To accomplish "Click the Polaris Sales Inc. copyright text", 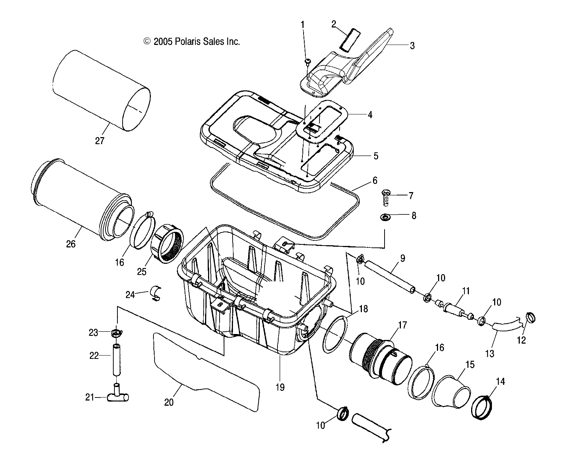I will tap(192, 42).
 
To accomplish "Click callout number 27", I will tap(100, 141).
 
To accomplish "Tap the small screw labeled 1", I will tap(308, 61).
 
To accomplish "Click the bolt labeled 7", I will tap(385, 197).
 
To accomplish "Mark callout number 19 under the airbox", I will tap(280, 387).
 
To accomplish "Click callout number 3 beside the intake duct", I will tap(412, 46).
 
